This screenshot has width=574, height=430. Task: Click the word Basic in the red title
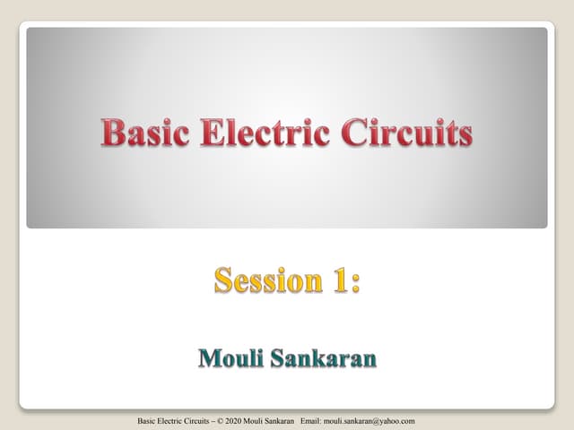[x=143, y=134]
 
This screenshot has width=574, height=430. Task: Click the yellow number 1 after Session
[x=340, y=280]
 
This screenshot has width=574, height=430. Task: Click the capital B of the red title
[x=112, y=134]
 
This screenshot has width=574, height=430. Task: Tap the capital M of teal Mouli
[x=207, y=359]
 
